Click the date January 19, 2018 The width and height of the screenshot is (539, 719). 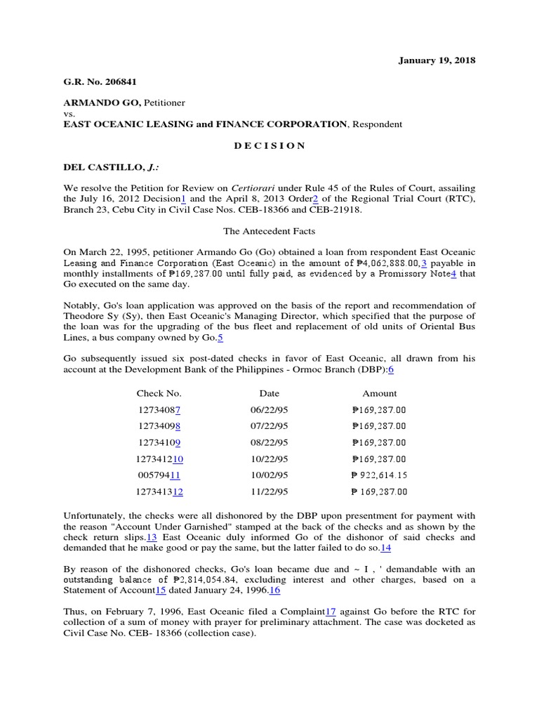point(437,60)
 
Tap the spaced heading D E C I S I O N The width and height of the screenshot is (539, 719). point(269,145)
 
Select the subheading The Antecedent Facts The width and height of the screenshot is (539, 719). point(269,230)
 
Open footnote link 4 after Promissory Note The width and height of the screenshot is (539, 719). point(453,273)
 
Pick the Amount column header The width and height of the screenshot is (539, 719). point(380,393)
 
